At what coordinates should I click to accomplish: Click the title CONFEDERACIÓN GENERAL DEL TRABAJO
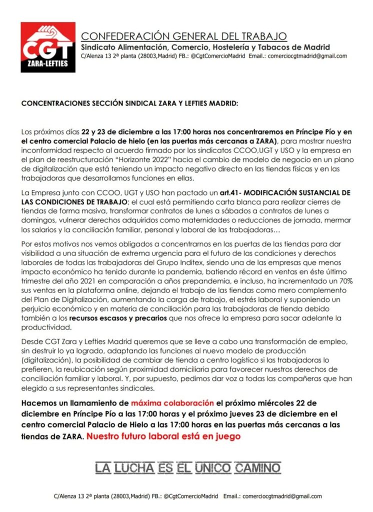184,36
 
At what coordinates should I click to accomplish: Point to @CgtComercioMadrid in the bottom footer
190,496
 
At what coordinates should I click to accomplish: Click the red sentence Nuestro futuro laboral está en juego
163,436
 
